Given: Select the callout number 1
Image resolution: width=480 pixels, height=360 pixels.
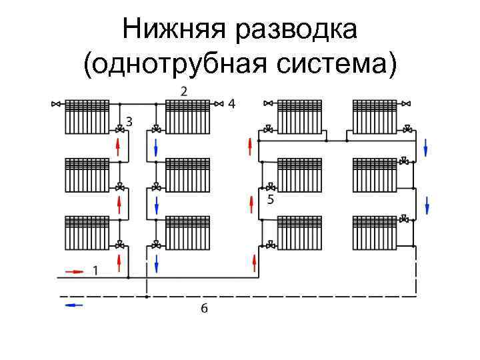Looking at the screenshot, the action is (x=95, y=271).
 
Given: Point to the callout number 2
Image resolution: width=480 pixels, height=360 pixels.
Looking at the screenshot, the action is (x=183, y=90).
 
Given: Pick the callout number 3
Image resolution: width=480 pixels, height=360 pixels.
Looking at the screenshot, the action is (x=129, y=121).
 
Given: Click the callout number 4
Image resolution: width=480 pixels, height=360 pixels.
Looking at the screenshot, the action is (x=231, y=103).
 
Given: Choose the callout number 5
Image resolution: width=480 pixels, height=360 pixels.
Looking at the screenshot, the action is (x=270, y=199).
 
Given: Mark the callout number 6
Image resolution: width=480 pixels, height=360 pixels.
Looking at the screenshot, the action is (x=204, y=308).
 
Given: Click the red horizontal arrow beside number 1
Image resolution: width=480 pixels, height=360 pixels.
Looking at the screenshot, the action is (x=74, y=271).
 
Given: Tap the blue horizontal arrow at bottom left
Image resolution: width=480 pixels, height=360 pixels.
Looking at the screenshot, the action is (x=74, y=304).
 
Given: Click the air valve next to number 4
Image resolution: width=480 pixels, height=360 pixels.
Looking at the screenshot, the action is (x=218, y=104).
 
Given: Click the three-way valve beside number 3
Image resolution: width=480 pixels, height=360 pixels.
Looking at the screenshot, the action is (x=119, y=128).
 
